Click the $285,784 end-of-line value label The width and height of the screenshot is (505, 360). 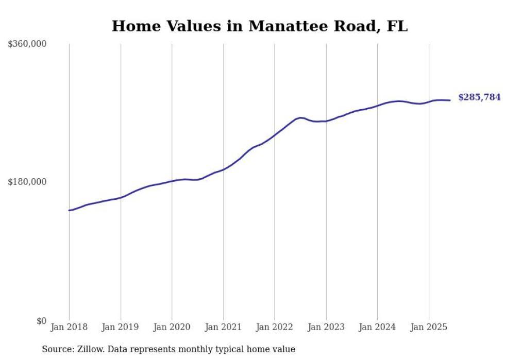click(x=479, y=97)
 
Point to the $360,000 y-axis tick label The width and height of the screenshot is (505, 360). click(x=27, y=44)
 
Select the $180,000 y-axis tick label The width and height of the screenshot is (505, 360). click(x=27, y=182)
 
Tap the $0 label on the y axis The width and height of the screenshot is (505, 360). click(x=41, y=321)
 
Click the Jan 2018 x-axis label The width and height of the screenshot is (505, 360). click(x=69, y=327)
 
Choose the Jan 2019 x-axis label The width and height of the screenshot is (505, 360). click(x=121, y=327)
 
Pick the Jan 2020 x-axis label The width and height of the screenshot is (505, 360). click(x=172, y=327)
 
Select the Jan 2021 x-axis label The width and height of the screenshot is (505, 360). click(x=223, y=327)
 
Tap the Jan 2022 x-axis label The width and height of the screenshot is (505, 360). click(x=275, y=327)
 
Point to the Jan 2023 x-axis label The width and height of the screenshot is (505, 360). click(x=326, y=327)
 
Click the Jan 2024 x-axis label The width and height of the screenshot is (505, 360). click(x=377, y=327)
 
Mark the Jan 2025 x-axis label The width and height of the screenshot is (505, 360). click(x=429, y=327)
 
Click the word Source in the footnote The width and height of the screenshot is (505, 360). click(x=57, y=349)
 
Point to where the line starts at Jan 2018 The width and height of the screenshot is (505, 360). click(x=69, y=210)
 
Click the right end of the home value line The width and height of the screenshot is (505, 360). click(x=450, y=100)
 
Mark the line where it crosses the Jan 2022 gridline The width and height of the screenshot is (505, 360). click(x=275, y=135)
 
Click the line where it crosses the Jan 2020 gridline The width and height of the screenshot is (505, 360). click(x=172, y=181)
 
